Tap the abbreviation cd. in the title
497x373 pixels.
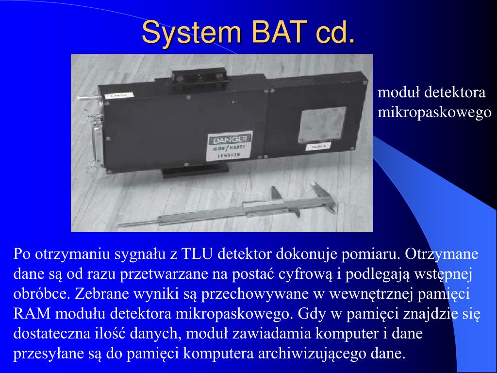pos(334,33)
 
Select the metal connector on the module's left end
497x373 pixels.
pos(95,141)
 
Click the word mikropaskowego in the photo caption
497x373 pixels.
pos(434,112)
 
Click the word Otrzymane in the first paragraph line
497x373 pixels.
pos(442,254)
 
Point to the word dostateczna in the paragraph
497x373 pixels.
pos(52,334)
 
